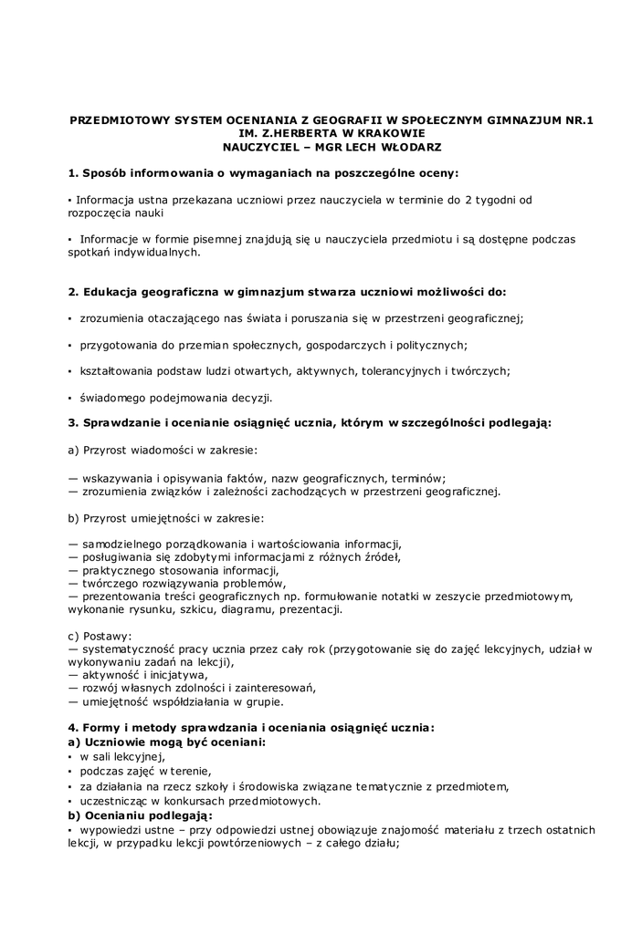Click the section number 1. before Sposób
point(73,172)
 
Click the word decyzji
point(250,398)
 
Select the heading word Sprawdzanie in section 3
point(121,423)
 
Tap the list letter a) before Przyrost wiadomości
point(73,450)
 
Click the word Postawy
point(108,636)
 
